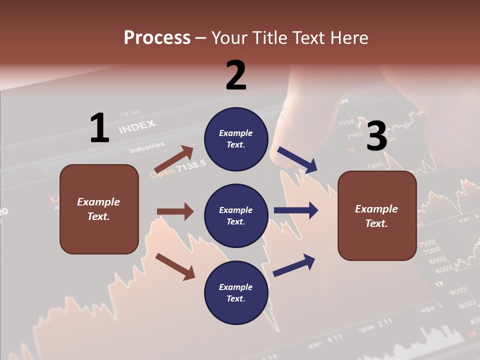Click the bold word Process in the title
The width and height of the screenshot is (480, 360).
click(157, 38)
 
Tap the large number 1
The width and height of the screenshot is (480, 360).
click(99, 128)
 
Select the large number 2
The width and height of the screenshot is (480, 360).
click(236, 75)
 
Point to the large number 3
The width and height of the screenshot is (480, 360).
click(377, 136)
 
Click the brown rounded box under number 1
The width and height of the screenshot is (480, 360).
click(99, 209)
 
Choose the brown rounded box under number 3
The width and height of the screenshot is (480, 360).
click(377, 216)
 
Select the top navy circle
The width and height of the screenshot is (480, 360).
click(236, 139)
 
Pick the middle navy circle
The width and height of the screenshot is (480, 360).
click(236, 216)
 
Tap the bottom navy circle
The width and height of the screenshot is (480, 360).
click(236, 293)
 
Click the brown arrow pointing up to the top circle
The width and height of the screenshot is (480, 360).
click(173, 160)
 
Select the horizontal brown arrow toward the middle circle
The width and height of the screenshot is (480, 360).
click(175, 211)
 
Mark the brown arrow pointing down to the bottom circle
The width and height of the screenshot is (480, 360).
click(175, 266)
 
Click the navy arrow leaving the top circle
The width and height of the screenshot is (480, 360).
click(297, 160)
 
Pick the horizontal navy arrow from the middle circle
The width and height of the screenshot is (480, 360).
click(296, 210)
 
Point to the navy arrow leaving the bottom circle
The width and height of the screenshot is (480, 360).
click(294, 265)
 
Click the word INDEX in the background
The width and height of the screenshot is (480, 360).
click(137, 126)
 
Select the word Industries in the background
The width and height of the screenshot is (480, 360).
click(147, 147)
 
